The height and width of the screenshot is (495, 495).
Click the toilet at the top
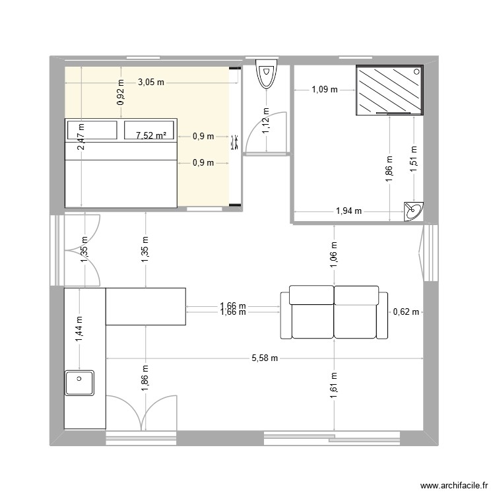coord(267,75)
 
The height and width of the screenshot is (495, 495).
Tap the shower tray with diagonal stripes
coord(389,90)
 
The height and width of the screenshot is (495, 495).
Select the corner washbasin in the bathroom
coord(414,211)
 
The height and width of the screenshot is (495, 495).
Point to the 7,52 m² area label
coord(151,136)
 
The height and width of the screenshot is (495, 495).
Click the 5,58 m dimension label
coord(265,358)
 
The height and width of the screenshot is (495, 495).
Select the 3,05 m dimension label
coord(151,82)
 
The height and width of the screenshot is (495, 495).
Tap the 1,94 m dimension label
coord(349,211)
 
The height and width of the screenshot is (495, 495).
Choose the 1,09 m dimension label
coord(325,89)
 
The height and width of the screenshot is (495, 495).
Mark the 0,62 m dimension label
coord(405,312)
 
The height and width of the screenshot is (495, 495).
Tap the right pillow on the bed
coord(150,130)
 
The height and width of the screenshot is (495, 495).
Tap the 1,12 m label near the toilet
coord(266,121)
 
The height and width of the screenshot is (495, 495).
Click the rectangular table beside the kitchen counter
coord(145,306)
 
